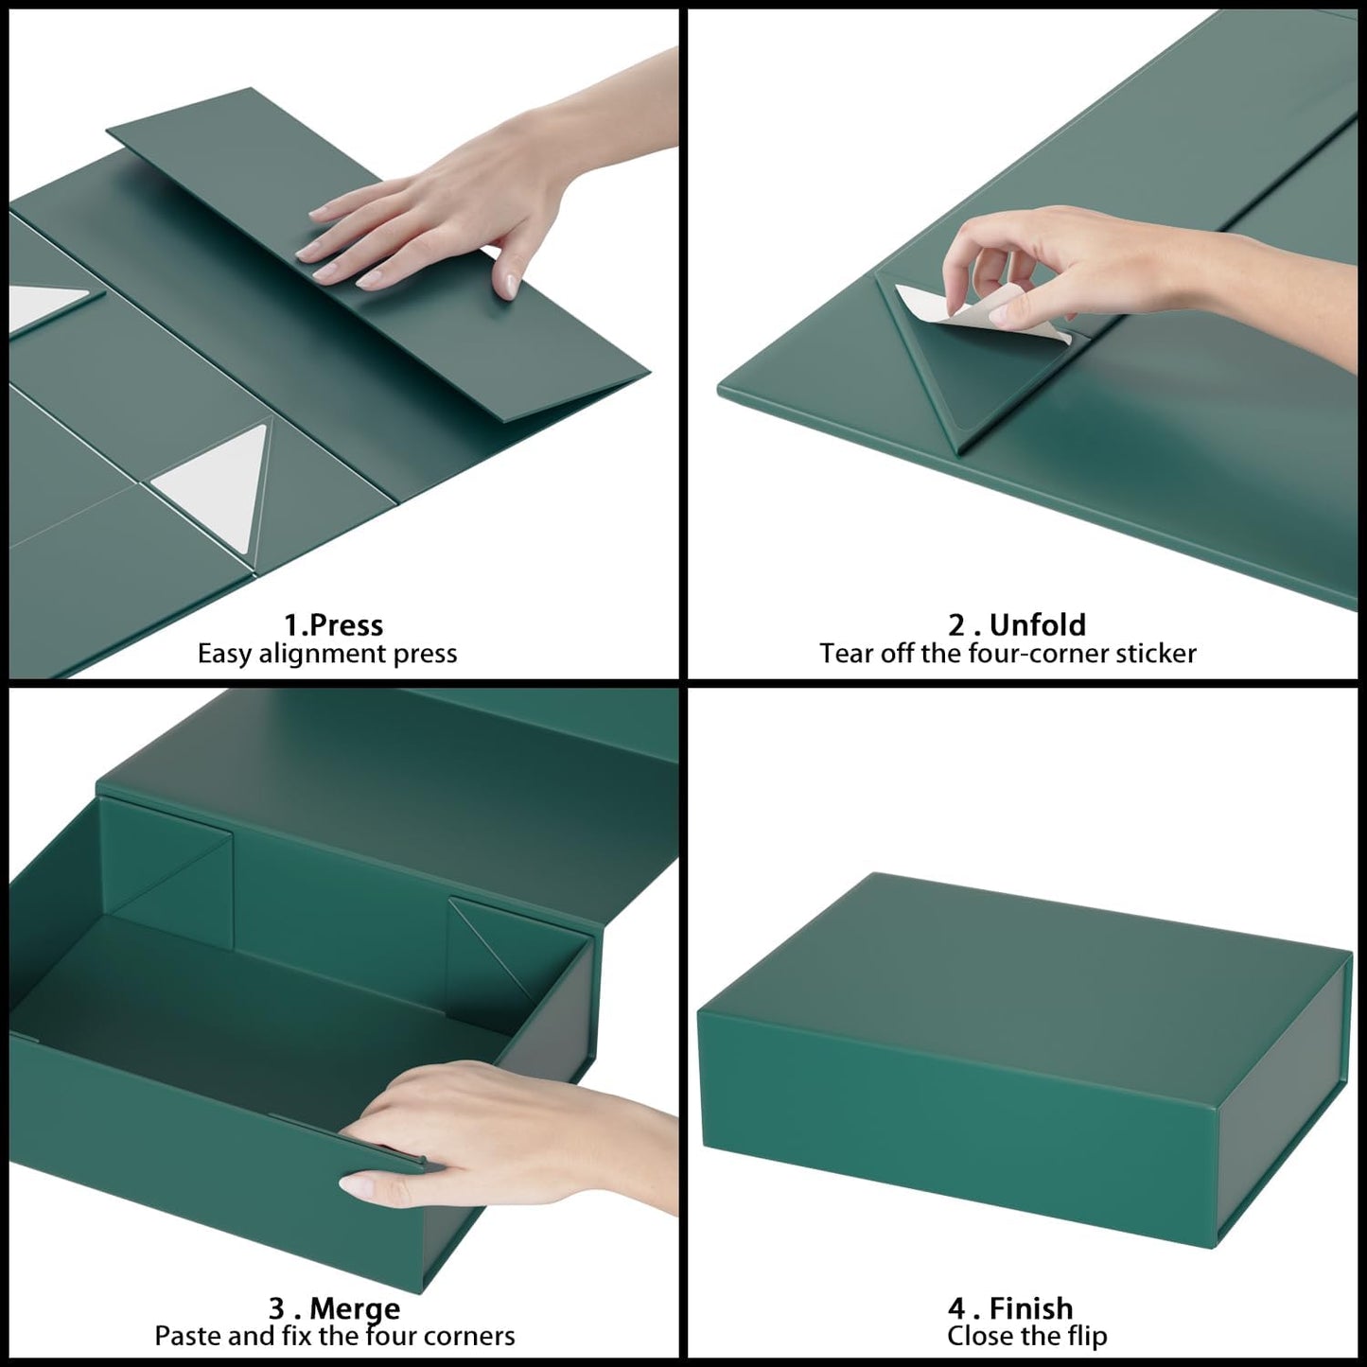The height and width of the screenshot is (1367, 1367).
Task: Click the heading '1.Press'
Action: pyautogui.click(x=333, y=625)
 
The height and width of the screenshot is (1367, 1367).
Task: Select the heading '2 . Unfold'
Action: pyautogui.click(x=1017, y=625)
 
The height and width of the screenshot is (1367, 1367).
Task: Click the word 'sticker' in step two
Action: pyautogui.click(x=1152, y=654)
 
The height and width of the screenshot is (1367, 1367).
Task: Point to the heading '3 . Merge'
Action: pyautogui.click(x=334, y=1308)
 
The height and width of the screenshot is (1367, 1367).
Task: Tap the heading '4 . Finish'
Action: pyautogui.click(x=1010, y=1308)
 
